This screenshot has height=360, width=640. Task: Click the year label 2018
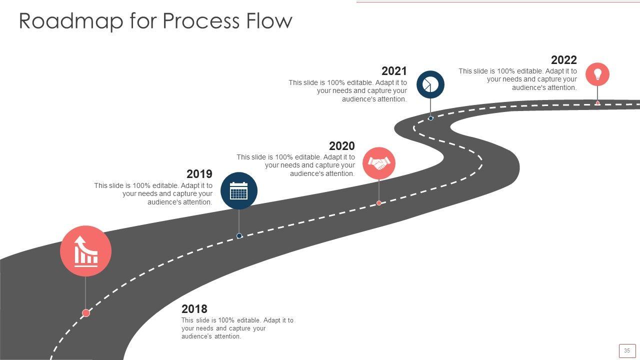(x=194, y=309)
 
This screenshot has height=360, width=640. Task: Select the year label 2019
(x=199, y=174)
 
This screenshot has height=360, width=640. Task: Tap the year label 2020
(x=342, y=146)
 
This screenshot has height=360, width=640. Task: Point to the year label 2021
(x=394, y=71)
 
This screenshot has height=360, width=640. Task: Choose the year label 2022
(x=564, y=60)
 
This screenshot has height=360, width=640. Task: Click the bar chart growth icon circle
(x=85, y=251)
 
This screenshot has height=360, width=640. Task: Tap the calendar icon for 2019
(x=239, y=190)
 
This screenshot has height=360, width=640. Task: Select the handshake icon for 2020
(x=379, y=163)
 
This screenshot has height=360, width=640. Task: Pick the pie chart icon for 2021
(x=430, y=84)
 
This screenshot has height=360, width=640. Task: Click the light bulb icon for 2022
(x=597, y=74)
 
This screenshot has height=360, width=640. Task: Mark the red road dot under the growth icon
(x=86, y=313)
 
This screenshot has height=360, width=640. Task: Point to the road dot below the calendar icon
(x=239, y=235)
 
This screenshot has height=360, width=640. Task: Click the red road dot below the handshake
(x=379, y=203)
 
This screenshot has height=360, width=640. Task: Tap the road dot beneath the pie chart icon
(x=430, y=118)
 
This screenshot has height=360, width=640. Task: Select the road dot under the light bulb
(x=597, y=103)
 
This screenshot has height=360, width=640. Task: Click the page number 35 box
(x=627, y=350)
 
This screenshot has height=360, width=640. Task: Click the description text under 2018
(x=237, y=328)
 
